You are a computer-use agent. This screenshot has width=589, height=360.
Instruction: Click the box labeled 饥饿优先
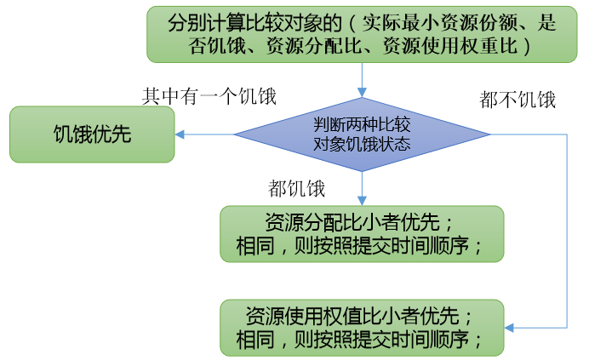92,134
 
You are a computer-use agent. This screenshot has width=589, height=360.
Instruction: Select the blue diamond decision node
362,134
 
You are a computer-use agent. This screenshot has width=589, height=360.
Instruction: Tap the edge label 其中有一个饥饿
209,96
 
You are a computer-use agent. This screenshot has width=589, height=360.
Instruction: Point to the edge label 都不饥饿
518,100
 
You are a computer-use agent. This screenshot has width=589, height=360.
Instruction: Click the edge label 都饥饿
296,188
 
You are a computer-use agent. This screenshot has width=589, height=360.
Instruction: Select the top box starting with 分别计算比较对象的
362,34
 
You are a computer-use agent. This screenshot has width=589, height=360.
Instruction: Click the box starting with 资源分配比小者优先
362,234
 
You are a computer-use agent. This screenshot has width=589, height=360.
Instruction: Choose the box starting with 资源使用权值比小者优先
362,328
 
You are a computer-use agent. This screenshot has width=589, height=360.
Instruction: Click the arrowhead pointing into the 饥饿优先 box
180,134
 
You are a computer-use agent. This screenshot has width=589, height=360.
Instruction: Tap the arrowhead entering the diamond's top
362,93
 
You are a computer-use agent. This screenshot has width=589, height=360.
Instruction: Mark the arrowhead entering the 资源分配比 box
362,201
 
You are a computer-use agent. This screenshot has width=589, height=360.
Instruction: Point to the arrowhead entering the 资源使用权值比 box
509,328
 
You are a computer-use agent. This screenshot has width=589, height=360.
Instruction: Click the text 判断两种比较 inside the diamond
362,124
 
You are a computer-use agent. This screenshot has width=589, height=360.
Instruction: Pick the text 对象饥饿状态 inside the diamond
362,144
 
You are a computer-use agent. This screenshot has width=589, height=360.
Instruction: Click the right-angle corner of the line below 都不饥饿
567,134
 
